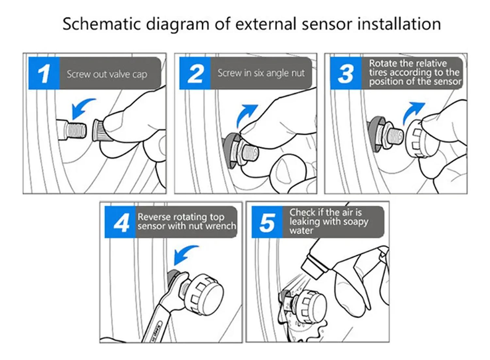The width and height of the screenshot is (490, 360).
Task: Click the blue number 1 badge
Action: (x=43, y=74)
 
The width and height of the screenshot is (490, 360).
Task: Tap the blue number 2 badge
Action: (x=195, y=74)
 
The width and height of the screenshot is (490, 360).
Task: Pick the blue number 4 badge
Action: (x=120, y=223)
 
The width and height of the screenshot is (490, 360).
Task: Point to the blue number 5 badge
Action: (x=267, y=223)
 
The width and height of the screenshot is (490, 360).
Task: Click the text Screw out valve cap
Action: (x=107, y=75)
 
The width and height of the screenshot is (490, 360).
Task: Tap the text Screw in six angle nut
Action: (x=261, y=73)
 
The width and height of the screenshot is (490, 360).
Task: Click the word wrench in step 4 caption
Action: (x=223, y=226)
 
